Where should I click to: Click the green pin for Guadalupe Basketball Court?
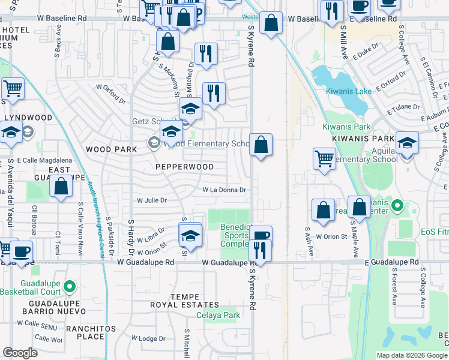pyautogui.click(x=70, y=271)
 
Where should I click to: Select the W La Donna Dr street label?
pyautogui.click(x=224, y=190)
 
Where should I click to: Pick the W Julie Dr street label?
pyautogui.click(x=151, y=200)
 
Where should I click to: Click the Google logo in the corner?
pyautogui.click(x=20, y=352)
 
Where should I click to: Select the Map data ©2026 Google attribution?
pyautogui.click(x=411, y=355)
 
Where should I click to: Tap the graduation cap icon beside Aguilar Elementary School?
pyautogui.click(x=407, y=143)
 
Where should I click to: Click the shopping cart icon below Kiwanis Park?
pyautogui.click(x=324, y=159)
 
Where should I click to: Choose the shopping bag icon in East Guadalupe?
pyautogui.click(x=62, y=185)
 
